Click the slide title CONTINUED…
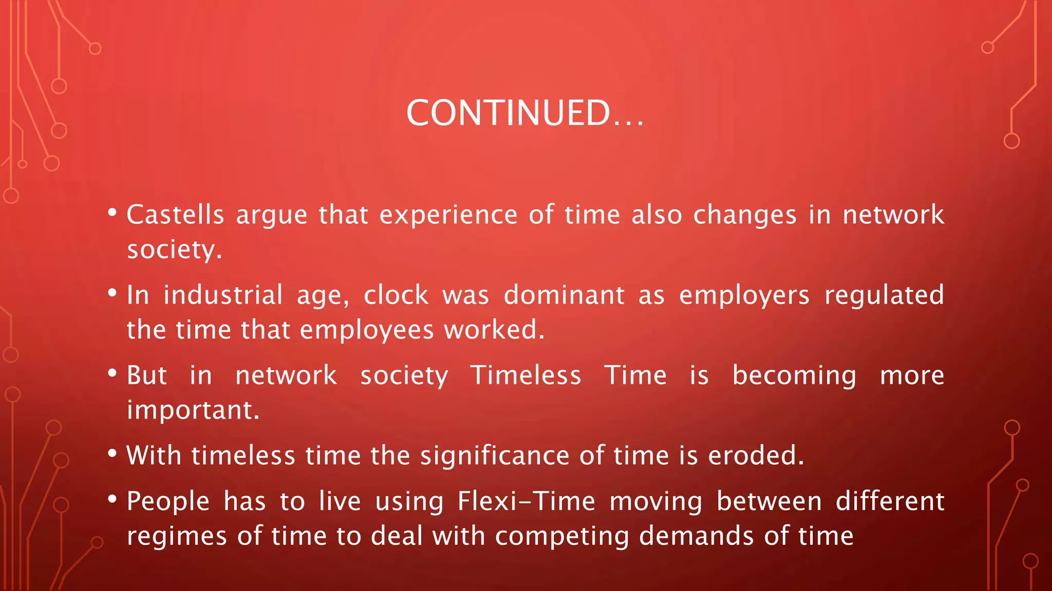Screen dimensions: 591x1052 pyautogui.click(x=525, y=113)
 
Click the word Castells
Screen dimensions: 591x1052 pyautogui.click(x=175, y=214)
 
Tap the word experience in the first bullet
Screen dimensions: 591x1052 pyautogui.click(x=448, y=214)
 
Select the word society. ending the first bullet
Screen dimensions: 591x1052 pyautogui.click(x=174, y=250)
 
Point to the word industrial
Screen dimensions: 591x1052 pyautogui.click(x=223, y=295)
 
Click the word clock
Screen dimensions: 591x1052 pyautogui.click(x=396, y=295)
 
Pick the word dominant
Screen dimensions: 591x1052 pyautogui.click(x=563, y=295)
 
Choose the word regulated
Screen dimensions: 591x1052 pyautogui.click(x=884, y=295)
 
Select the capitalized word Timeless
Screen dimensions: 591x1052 pyautogui.click(x=526, y=375)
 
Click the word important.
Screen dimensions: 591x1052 pyautogui.click(x=193, y=410)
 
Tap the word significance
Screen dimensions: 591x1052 pyautogui.click(x=495, y=456)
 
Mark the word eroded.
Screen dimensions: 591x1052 pyautogui.click(x=756, y=456)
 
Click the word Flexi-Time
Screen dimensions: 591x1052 pyautogui.click(x=526, y=501)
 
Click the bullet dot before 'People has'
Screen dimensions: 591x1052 pyautogui.click(x=112, y=498)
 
